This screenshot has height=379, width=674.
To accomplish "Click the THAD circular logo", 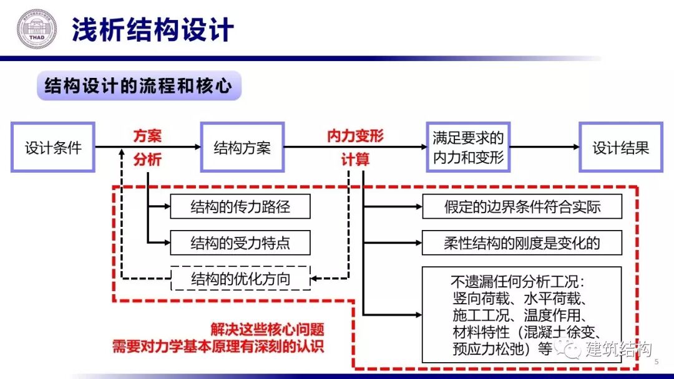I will click(x=36, y=29).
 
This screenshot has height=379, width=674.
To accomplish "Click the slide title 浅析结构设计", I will click(x=153, y=29).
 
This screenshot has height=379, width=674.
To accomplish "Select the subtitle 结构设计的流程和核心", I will click(x=139, y=86).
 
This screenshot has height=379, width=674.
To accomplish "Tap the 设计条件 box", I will click(x=53, y=148).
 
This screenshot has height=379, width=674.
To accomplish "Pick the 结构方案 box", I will click(x=242, y=148).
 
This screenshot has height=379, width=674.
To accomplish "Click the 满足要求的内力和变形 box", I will click(x=468, y=148).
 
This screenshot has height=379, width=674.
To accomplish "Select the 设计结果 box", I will click(x=620, y=148).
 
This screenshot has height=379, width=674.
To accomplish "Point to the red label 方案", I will click(x=147, y=136).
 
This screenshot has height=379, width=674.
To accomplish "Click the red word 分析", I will click(x=147, y=160).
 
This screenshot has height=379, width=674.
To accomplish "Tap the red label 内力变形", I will click(x=355, y=136).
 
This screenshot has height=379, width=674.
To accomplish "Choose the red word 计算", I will click(x=355, y=160).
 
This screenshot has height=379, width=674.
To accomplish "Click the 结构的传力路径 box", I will click(x=240, y=207).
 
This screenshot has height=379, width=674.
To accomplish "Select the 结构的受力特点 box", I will click(x=240, y=242).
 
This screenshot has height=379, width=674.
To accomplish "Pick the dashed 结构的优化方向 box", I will click(x=240, y=279).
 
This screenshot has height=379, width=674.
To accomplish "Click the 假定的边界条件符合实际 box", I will click(x=522, y=207).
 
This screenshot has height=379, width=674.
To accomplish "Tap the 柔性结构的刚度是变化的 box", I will click(x=522, y=242).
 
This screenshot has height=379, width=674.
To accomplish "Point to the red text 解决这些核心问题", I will click(x=267, y=330).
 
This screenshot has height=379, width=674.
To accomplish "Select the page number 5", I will click(x=656, y=362).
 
